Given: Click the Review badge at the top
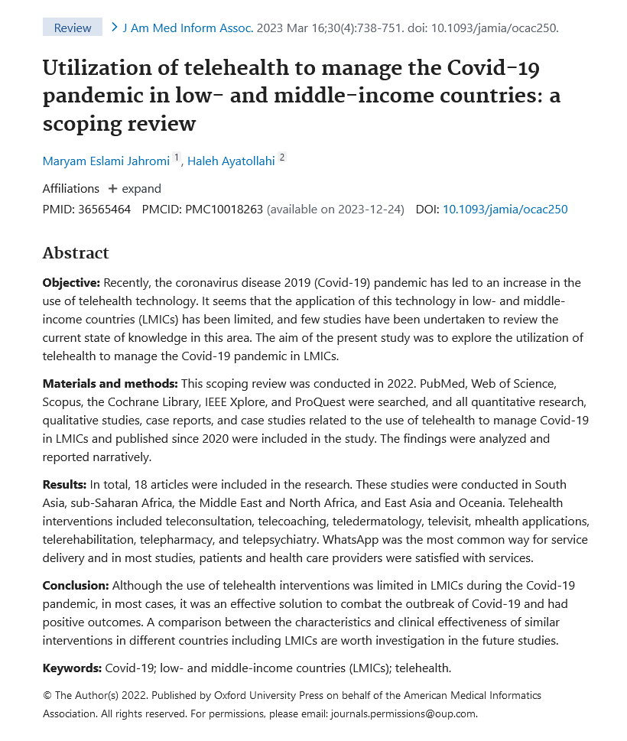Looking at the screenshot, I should (x=73, y=28).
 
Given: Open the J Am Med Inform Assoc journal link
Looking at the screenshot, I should (x=187, y=28).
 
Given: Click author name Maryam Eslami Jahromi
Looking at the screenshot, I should (x=106, y=161).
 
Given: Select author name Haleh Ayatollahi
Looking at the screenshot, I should (x=231, y=161).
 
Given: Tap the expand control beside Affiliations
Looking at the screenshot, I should (x=135, y=188).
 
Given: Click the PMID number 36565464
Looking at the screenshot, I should (x=104, y=209).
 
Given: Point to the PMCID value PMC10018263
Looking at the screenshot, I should (x=224, y=209).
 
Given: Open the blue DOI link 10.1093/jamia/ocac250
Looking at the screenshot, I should (x=505, y=209).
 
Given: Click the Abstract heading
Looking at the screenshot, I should (x=76, y=253).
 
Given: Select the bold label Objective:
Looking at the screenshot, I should (x=71, y=283).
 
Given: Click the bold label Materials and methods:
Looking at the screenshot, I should (x=110, y=383).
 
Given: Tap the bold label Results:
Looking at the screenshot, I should (x=64, y=484).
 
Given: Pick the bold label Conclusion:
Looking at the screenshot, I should (x=76, y=585).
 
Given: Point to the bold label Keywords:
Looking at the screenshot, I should (x=72, y=668).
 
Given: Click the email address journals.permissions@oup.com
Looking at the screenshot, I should (x=403, y=713).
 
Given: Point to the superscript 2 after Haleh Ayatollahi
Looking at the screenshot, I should (x=282, y=158).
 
